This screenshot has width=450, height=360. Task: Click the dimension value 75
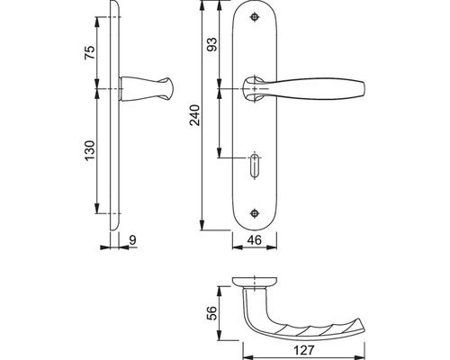point(90,52)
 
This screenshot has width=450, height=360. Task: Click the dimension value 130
point(90,150)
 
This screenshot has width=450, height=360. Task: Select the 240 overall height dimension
point(195,115)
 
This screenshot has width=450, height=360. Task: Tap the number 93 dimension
point(212,44)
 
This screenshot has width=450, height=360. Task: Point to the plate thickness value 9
point(133,240)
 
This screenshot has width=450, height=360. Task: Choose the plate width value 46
point(255,239)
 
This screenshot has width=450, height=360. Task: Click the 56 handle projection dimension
point(212,313)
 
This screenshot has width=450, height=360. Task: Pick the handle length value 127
point(304,350)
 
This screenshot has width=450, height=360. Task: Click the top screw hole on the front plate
point(255,17)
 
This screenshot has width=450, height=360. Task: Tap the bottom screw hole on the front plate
point(255,213)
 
